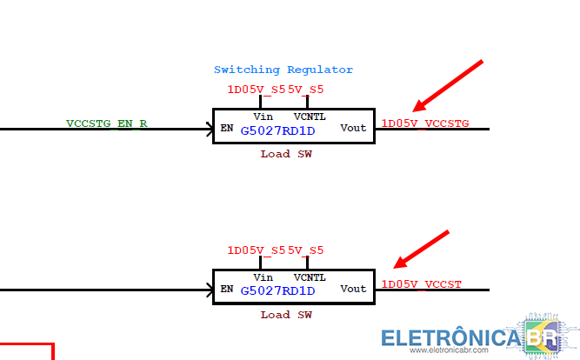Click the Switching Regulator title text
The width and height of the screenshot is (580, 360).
coord(283,70)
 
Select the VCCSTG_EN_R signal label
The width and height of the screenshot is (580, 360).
coord(107,123)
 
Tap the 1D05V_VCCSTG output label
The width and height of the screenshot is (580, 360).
coord(425,123)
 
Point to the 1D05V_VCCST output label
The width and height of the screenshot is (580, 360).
coord(422,284)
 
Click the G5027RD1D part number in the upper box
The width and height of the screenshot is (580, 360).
coord(277,131)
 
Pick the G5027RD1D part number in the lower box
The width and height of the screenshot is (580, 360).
coord(277,290)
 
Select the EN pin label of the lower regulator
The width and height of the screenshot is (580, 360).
coord(226,289)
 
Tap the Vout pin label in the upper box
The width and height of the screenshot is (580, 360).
coord(353,129)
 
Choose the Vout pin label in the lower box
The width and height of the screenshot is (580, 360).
coord(353,289)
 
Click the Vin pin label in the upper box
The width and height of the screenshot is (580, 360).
coord(263,116)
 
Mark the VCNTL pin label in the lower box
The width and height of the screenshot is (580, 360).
coord(310,277)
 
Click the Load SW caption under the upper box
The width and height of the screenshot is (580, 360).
coord(286,154)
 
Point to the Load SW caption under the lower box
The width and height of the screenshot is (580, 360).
coord(286,315)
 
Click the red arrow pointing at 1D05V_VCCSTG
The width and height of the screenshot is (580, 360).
coord(447,86)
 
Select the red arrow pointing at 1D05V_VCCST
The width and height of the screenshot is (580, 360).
coord(423,249)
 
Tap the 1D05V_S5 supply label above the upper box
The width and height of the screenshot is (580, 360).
coord(256,90)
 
